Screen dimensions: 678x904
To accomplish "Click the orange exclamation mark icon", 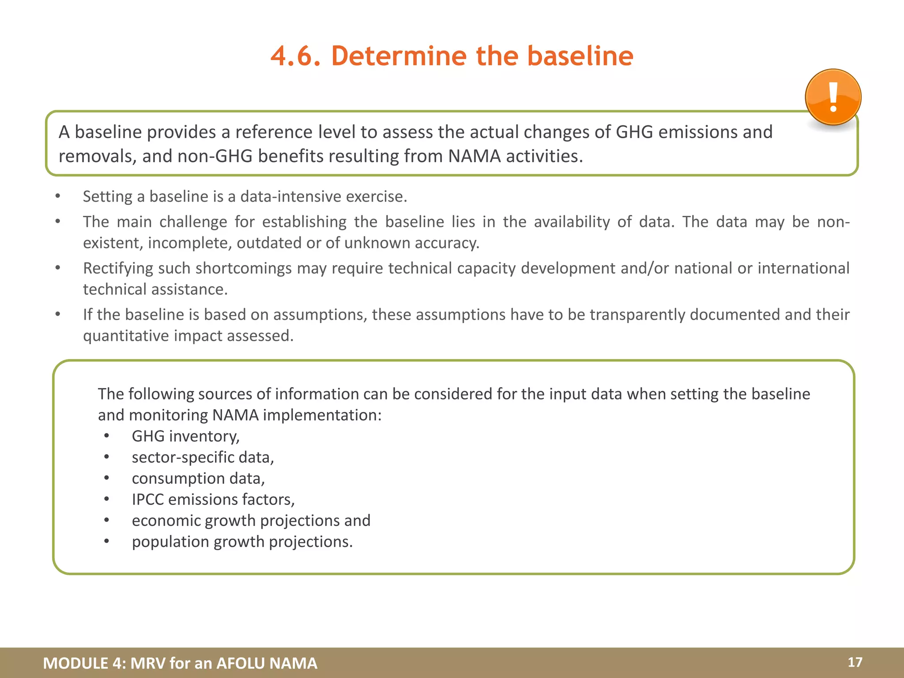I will [833, 97].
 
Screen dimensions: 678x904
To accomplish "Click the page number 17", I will [855, 662].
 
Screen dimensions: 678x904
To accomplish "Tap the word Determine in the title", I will [399, 56].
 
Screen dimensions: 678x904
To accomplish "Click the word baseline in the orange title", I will [580, 56].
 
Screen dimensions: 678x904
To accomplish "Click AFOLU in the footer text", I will [241, 663].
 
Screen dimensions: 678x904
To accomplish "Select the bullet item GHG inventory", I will [185, 436].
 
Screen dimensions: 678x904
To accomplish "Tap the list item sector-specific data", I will [203, 457].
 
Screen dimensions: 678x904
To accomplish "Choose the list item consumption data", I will [198, 478].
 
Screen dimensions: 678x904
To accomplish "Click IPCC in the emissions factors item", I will [147, 499].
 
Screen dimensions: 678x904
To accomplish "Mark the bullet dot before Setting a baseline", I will [58, 196].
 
